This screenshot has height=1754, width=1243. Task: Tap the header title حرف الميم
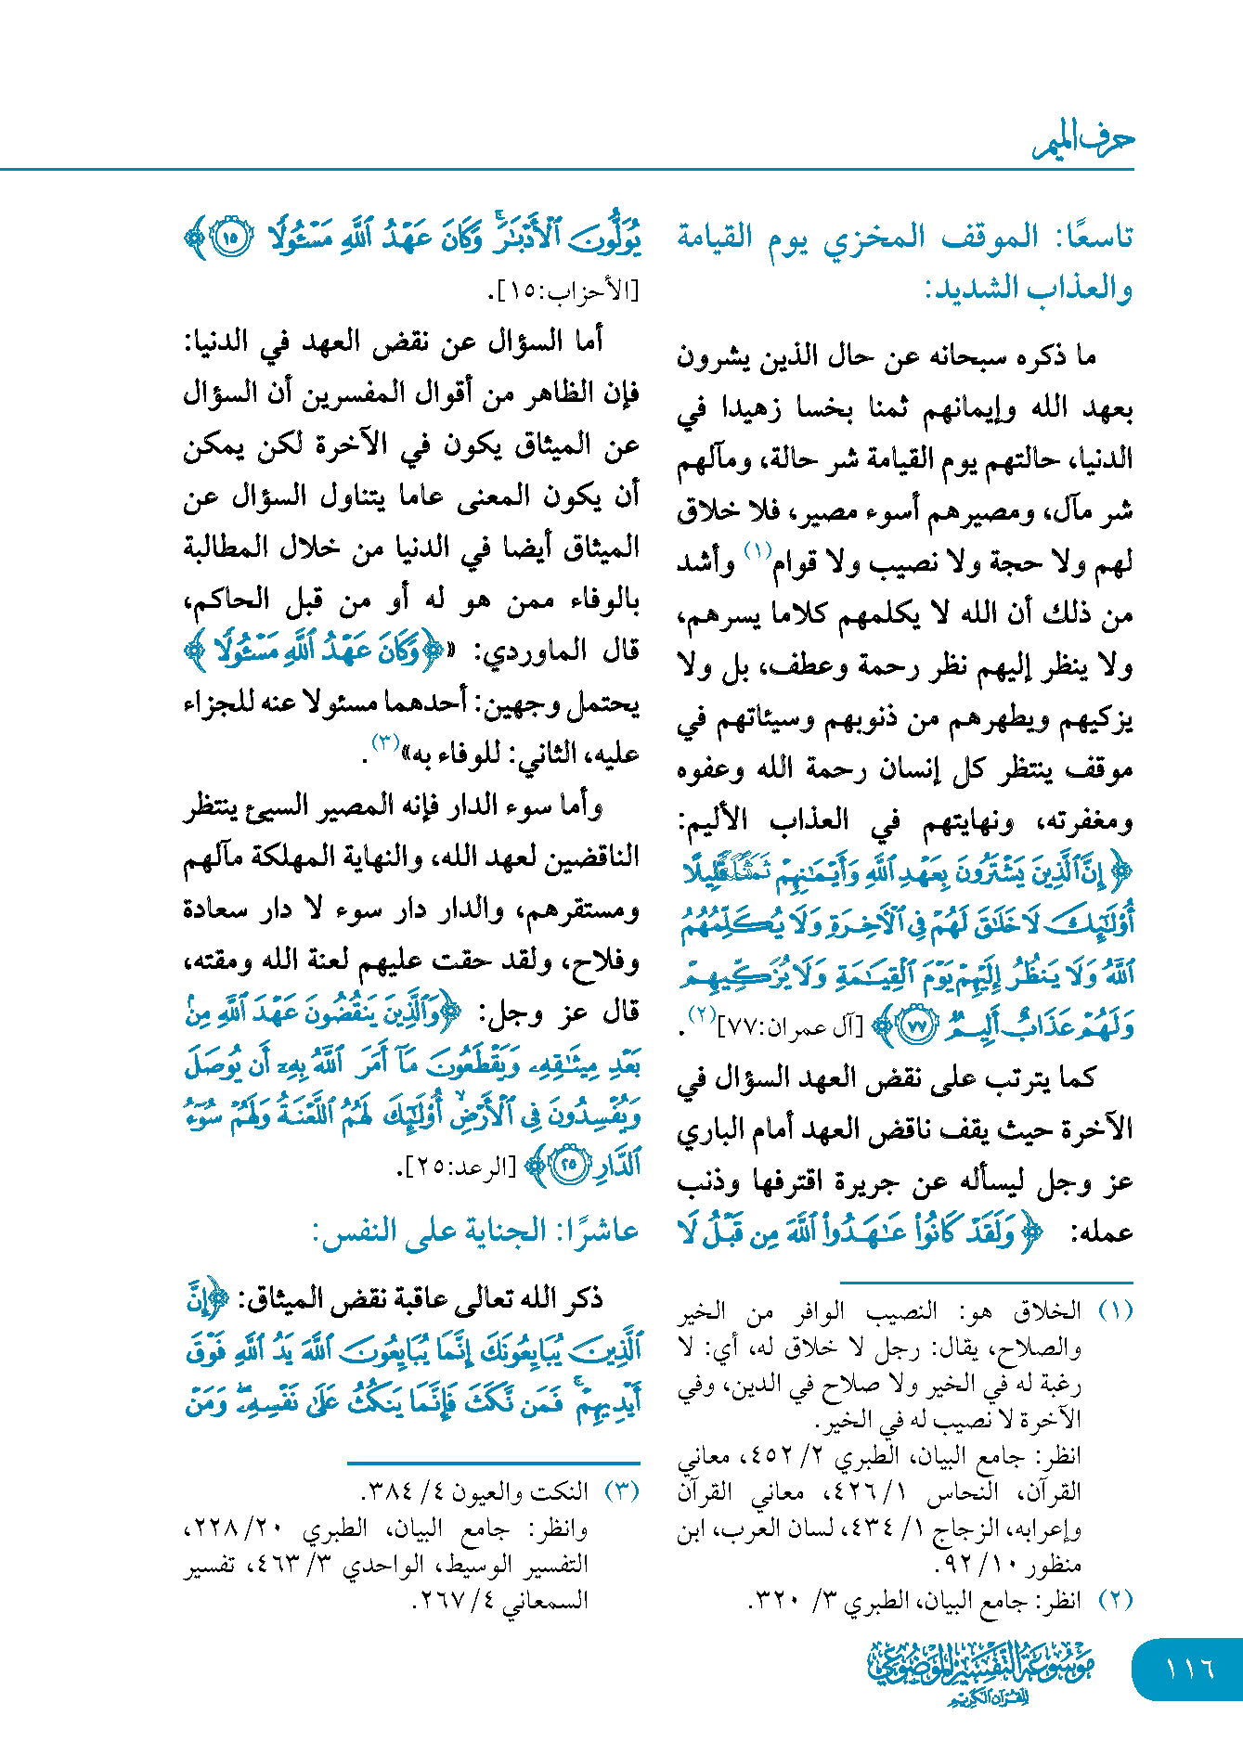(x=1083, y=141)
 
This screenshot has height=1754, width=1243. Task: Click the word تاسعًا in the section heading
(x=1093, y=238)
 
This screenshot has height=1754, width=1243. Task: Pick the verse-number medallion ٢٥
(x=569, y=1164)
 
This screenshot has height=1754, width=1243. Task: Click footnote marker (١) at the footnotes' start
(x=1115, y=1310)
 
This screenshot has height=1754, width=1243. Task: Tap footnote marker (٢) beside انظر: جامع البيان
(x=1115, y=1600)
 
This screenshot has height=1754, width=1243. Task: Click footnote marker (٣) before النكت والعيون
(x=621, y=1491)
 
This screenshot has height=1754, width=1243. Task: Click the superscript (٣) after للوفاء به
(x=385, y=742)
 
